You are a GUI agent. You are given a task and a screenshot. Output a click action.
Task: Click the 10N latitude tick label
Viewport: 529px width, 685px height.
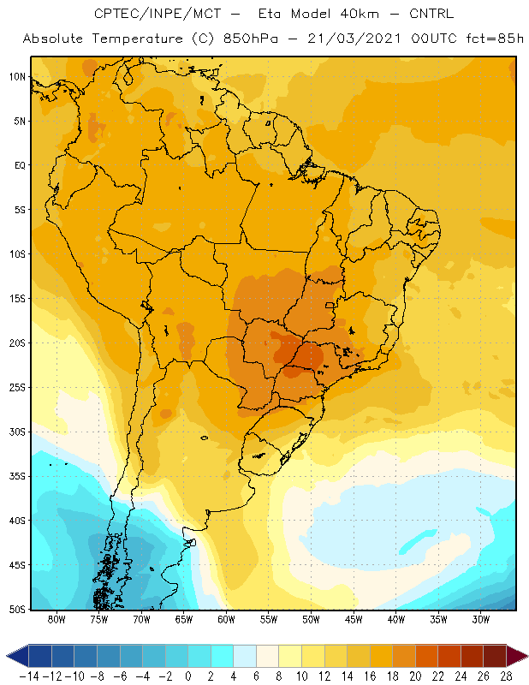point(17,77)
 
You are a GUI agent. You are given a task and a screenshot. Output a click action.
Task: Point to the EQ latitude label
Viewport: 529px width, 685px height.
point(20,165)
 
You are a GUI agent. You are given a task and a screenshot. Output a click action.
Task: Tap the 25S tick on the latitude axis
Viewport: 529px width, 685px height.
point(17,388)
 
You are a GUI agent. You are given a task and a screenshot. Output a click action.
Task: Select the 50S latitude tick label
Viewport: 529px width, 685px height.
point(17,610)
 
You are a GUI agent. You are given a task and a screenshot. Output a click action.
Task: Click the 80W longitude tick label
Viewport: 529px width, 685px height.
point(56,619)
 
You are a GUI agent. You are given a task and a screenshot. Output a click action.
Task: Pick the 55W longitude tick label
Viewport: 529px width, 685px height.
point(269,619)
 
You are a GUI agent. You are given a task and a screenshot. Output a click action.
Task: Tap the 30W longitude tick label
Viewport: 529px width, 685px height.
point(481,619)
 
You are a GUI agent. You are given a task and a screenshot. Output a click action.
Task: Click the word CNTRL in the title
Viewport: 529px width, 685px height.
point(431,14)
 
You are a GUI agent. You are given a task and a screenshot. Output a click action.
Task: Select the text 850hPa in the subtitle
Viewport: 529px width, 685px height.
point(250,39)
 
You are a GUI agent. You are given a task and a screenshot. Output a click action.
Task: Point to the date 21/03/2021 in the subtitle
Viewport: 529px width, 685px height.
point(354,39)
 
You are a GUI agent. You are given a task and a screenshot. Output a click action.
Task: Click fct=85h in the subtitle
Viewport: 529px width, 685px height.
point(495,39)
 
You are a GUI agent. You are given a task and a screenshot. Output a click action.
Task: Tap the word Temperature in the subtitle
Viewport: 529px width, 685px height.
point(138,39)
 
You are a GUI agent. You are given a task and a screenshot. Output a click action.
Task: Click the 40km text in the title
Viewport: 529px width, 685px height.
point(360,14)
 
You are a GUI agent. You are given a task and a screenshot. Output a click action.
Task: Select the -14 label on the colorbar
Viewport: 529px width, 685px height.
point(29,676)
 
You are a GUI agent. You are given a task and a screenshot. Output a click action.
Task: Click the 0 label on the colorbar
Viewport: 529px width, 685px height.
point(187,676)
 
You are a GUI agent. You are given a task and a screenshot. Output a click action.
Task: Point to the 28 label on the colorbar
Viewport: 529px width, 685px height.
point(506,676)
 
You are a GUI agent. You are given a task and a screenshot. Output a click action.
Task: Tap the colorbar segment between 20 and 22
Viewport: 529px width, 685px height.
point(427,656)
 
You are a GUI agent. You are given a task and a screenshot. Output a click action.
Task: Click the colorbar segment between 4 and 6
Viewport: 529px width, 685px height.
point(245,656)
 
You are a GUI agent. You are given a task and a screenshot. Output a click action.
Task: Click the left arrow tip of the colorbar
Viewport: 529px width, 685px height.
point(7,656)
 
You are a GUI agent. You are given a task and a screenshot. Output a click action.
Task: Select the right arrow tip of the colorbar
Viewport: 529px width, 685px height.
point(527,656)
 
